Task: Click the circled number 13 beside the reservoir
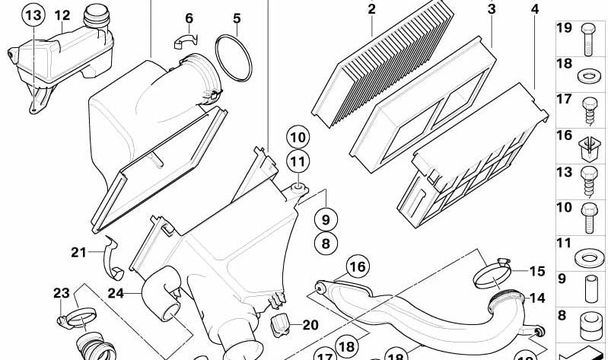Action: pyautogui.click(x=33, y=15)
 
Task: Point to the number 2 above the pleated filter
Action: pyautogui.click(x=371, y=9)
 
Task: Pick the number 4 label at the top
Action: pyautogui.click(x=535, y=9)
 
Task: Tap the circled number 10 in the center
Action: pyautogui.click(x=298, y=138)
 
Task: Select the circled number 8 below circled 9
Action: pyautogui.click(x=325, y=244)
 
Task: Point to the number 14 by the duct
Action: pyautogui.click(x=537, y=298)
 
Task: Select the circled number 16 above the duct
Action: pyautogui.click(x=357, y=266)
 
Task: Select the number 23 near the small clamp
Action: pyautogui.click(x=61, y=293)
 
